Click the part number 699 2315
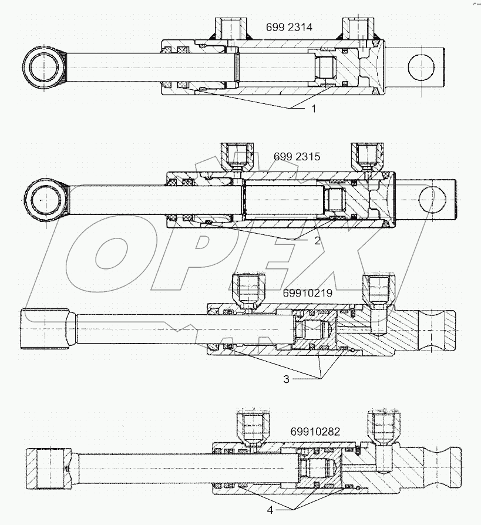pyautogui.click(x=296, y=157)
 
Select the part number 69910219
pyautogui.click(x=307, y=292)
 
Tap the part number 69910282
pyautogui.click(x=315, y=431)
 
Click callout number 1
pyautogui.click(x=314, y=109)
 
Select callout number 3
pyautogui.click(x=286, y=379)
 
